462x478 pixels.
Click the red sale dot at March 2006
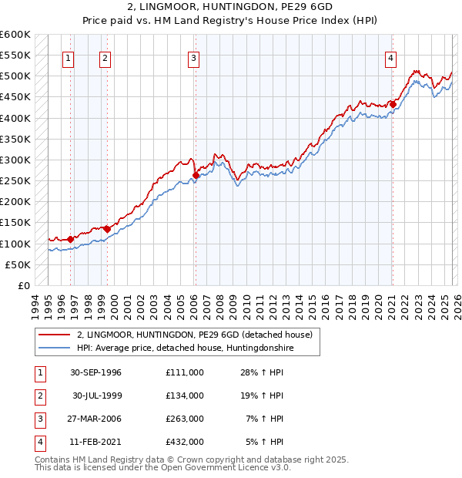(196, 176)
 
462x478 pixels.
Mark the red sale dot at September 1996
(71, 239)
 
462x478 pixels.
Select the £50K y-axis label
(18, 264)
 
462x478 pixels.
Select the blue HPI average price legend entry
(186, 348)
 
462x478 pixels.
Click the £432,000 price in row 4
(184, 442)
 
